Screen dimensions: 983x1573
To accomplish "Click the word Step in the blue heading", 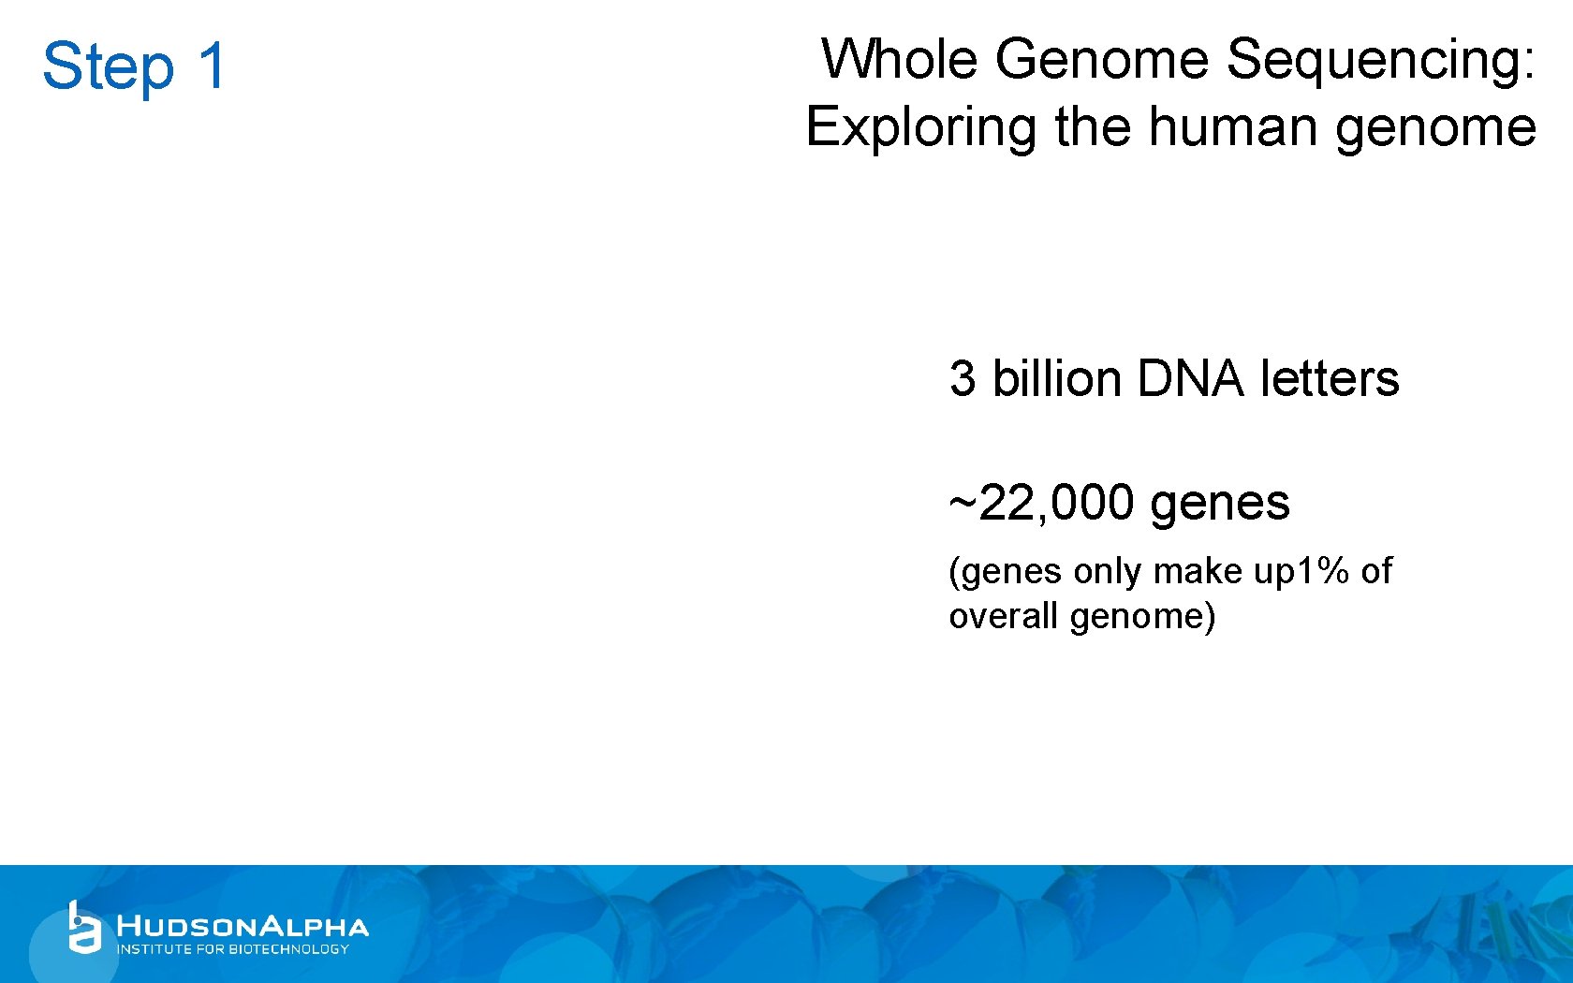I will [108, 67].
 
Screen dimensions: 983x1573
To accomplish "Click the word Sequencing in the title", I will [1380, 61].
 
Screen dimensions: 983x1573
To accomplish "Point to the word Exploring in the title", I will [920, 128].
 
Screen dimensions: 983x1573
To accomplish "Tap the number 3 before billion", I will [963, 379].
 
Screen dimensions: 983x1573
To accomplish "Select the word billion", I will [1056, 379].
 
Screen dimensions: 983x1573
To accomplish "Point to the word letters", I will [1330, 379].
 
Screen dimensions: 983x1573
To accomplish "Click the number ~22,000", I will [1042, 504].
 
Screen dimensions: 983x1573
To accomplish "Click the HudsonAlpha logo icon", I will [83, 928].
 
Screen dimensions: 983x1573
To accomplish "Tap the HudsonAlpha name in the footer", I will [243, 927].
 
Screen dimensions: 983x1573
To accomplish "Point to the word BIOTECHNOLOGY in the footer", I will [288, 949].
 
